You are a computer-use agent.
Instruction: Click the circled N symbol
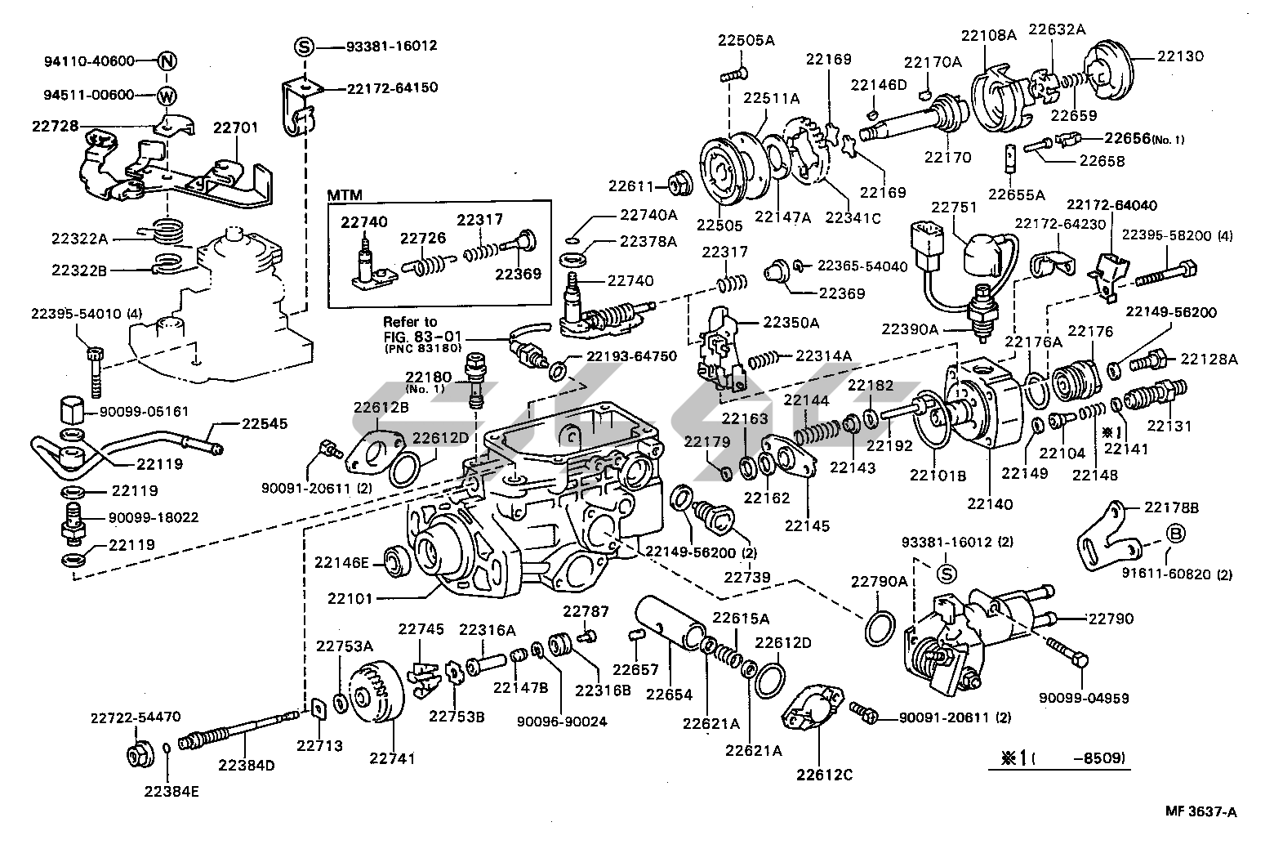(x=167, y=61)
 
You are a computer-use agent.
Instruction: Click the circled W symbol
(x=167, y=96)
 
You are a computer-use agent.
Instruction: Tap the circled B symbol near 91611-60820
(x=1175, y=534)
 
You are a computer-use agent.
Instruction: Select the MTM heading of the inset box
(x=344, y=195)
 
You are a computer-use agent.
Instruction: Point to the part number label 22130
(x=1180, y=56)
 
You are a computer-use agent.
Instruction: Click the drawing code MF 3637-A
(x=1200, y=811)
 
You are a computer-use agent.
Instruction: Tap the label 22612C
(x=825, y=774)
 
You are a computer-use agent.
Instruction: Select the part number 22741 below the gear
(x=392, y=758)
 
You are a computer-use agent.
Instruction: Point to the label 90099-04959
(x=1085, y=698)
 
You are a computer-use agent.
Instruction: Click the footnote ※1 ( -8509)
(x=1058, y=758)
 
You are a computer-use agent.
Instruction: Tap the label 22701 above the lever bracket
(x=235, y=127)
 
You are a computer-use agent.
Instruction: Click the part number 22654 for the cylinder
(x=669, y=695)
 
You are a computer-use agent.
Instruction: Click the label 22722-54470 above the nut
(x=135, y=718)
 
